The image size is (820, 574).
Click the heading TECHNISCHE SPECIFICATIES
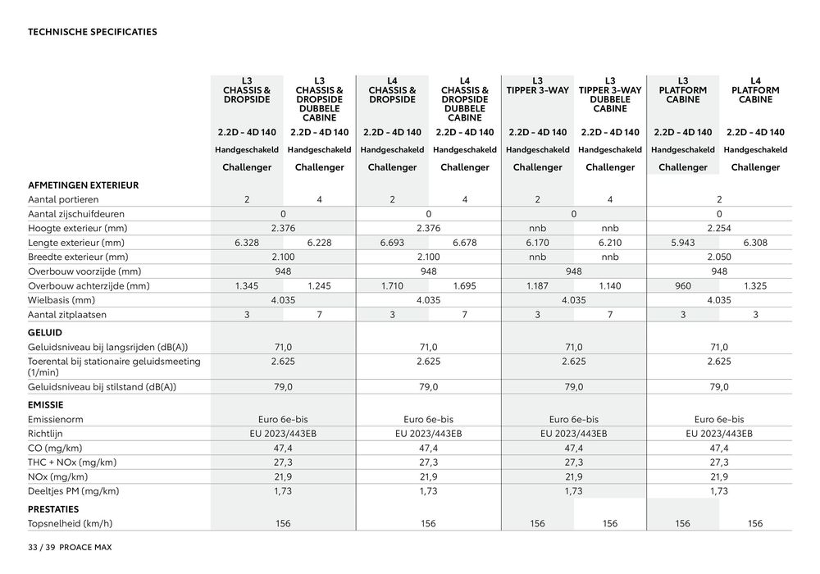(93, 33)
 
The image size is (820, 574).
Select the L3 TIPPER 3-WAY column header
(537, 85)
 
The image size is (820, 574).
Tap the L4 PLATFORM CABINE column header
(755, 89)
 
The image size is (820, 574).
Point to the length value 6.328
(247, 243)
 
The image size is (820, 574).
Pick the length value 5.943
(683, 243)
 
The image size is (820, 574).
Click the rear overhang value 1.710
(392, 286)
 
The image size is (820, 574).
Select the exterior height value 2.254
(719, 228)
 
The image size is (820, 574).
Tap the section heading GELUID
(45, 332)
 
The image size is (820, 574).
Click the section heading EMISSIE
(46, 404)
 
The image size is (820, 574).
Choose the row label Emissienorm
(57, 419)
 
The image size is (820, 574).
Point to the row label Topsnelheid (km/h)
(71, 524)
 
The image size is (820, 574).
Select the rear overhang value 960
(683, 286)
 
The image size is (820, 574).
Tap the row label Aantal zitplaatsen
(66, 314)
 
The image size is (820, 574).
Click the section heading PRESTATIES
(53, 509)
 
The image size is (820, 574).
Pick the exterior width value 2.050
(719, 257)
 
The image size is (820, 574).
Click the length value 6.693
(392, 243)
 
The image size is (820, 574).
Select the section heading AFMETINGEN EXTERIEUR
(83, 185)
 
